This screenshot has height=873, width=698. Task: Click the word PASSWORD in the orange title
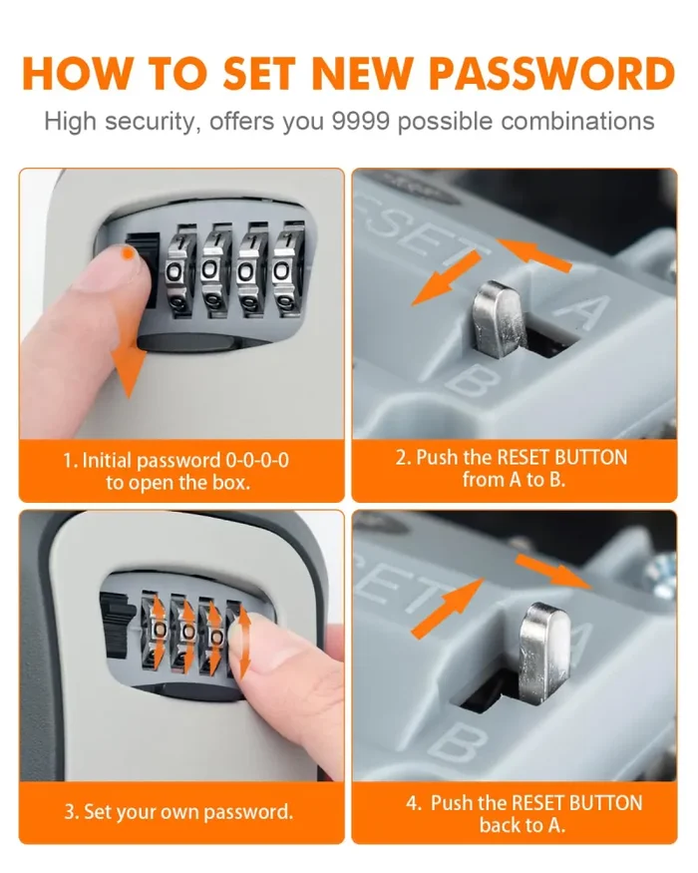click(552, 74)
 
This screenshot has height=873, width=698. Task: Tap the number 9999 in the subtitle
click(360, 122)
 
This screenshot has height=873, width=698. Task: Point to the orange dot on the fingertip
click(128, 253)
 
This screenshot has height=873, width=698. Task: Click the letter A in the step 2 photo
click(585, 309)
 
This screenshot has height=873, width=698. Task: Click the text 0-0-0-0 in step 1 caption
click(257, 460)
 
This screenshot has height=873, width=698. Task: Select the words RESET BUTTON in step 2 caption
click(561, 457)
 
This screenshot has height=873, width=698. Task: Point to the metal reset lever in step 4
click(543, 645)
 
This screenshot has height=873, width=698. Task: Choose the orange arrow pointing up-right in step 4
click(447, 608)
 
